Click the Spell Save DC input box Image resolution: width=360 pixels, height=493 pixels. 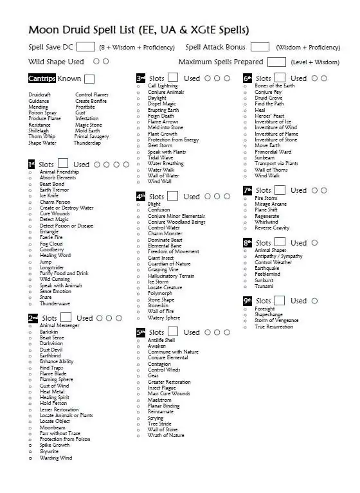(85, 46)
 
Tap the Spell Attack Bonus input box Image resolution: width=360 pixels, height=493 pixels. (260, 46)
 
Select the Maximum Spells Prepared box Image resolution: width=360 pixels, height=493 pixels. (276, 62)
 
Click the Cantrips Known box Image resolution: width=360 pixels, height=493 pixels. (89, 78)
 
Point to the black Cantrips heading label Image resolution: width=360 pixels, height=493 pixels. (42, 78)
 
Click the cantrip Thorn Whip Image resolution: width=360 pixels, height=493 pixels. (42, 136)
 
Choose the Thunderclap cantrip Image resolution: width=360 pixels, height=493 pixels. (87, 143)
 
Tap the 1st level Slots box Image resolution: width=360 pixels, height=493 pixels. (63, 164)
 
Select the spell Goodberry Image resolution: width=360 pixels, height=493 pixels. (51, 249)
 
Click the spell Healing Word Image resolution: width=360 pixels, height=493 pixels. (55, 255)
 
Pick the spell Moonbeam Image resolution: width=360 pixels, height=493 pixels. (52, 427)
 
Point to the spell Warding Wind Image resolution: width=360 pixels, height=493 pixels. (55, 458)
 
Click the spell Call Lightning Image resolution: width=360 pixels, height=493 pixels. (163, 85)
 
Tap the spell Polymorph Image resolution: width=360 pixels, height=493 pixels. (160, 293)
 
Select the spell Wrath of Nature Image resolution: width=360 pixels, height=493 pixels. (166, 435)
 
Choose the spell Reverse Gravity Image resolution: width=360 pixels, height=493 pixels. (272, 228)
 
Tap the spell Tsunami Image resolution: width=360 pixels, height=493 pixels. (264, 286)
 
